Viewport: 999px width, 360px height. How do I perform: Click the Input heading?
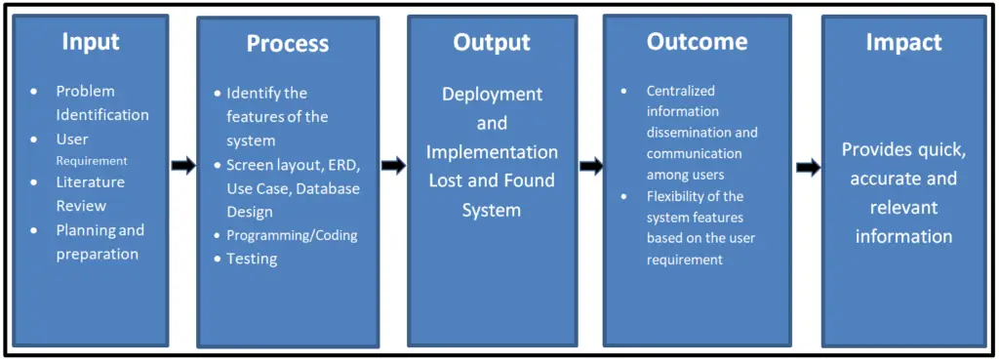pyautogui.click(x=91, y=41)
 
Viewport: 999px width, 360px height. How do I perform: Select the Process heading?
pyautogui.click(x=288, y=44)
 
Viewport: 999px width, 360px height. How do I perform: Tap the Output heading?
pyautogui.click(x=492, y=42)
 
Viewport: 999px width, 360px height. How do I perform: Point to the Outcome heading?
pyautogui.click(x=697, y=42)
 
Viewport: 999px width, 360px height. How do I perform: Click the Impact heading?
pyautogui.click(x=903, y=42)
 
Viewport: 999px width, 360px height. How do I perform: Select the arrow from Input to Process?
pyautogui.click(x=182, y=166)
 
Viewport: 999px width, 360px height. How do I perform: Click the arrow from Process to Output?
pyautogui.click(x=393, y=166)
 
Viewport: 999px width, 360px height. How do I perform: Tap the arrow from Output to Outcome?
pyautogui.click(x=591, y=166)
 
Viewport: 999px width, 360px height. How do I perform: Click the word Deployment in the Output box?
pyautogui.click(x=492, y=95)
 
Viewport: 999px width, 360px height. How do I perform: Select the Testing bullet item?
pyautogui.click(x=252, y=259)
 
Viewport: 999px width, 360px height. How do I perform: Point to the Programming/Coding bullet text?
pyautogui.click(x=292, y=235)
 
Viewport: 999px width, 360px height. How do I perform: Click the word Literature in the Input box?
pyautogui.click(x=90, y=182)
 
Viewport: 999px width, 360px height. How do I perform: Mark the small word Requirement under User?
pyautogui.click(x=92, y=161)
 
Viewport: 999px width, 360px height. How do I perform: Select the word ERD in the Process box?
pyautogui.click(x=344, y=164)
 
